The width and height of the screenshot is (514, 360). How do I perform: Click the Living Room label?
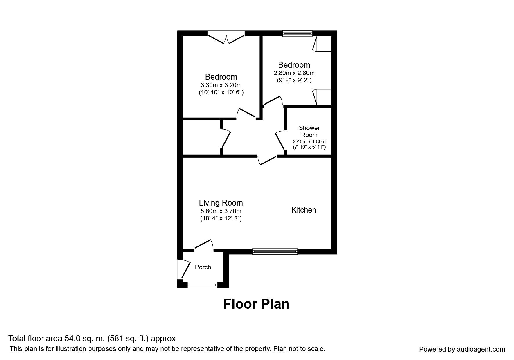pos(221,203)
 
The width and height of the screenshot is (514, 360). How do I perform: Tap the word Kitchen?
pos(304,210)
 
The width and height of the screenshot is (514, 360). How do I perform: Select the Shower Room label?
pos(309,132)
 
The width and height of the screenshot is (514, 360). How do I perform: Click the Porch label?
pos(203,267)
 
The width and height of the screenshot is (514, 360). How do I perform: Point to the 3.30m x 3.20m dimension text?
pos(221,85)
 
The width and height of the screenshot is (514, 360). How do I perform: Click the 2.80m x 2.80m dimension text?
pos(294,73)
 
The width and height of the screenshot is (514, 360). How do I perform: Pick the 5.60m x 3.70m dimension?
pos(221,211)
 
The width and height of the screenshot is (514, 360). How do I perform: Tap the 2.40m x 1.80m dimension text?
pos(309,142)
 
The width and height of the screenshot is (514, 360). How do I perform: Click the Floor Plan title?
pos(256,304)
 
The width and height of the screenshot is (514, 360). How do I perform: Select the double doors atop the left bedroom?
pos(226,38)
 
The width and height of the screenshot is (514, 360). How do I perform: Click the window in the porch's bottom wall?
pos(202,285)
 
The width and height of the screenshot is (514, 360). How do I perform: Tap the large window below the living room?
pos(275,251)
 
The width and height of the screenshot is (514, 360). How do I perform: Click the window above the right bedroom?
pos(297,33)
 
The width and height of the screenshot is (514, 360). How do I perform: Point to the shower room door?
pos(279,140)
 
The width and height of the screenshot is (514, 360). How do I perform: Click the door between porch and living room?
pos(204,245)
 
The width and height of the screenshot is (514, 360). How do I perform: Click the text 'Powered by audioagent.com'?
pos(462,350)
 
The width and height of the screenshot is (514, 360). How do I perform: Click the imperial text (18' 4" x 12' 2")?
pos(221,218)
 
